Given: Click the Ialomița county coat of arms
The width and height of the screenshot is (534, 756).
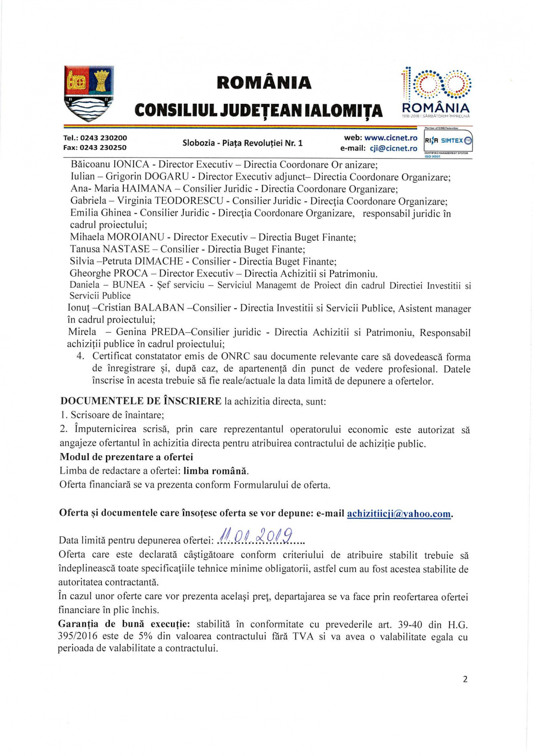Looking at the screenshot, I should (89, 94).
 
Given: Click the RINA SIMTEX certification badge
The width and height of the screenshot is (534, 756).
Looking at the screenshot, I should (448, 141).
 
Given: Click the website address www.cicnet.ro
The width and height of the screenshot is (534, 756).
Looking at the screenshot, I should (391, 138).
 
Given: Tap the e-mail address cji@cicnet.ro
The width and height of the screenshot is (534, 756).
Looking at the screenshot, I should (393, 148).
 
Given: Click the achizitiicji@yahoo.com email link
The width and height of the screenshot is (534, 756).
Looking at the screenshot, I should (399, 513).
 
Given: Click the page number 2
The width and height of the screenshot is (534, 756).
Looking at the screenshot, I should (465, 679).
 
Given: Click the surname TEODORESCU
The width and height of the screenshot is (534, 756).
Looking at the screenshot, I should (189, 201).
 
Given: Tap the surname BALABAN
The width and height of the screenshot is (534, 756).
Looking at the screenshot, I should (159, 308).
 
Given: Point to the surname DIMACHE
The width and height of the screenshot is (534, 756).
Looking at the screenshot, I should (159, 261).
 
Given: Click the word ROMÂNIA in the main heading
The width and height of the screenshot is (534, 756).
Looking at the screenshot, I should (264, 83).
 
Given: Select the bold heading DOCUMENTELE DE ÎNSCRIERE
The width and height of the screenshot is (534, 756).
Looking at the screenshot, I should (141, 401).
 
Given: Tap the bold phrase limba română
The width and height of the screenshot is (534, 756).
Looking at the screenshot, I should (215, 471).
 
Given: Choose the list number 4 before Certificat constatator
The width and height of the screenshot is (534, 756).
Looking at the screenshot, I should (80, 356).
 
